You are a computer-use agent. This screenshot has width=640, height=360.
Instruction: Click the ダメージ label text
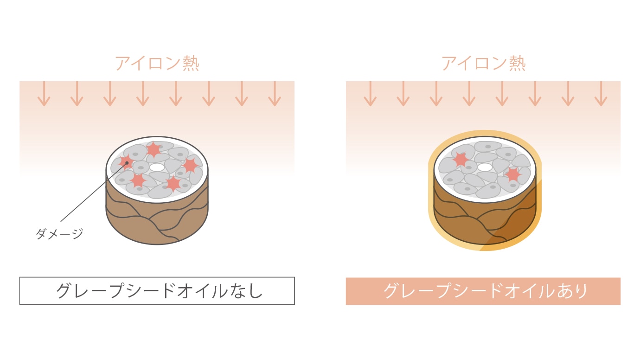tap(59, 234)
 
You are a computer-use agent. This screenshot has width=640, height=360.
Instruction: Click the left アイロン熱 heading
tap(157, 63)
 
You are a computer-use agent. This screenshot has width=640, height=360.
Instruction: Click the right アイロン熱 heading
tap(483, 63)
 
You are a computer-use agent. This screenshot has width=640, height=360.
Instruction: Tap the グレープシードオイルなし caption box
tap(157, 291)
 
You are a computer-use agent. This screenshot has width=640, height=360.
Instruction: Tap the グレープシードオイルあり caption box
tap(483, 291)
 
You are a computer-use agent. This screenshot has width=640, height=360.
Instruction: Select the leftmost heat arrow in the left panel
tap(44, 94)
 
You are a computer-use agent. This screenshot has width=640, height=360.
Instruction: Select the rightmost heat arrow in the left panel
tap(275, 94)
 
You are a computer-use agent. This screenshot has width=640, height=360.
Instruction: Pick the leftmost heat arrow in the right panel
tap(370, 94)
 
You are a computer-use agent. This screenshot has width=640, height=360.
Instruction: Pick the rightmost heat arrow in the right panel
tap(601, 94)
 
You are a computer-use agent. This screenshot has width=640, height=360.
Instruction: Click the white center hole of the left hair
tap(157, 167)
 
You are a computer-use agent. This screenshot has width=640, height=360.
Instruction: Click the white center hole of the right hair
tap(485, 167)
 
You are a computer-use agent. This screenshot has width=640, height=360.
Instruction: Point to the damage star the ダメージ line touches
tap(125, 162)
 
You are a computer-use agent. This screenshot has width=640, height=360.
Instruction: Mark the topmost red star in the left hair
tap(154, 149)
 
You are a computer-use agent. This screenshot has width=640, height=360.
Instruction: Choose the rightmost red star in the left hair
tap(190, 165)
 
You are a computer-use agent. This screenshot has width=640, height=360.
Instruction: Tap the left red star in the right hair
tap(461, 159)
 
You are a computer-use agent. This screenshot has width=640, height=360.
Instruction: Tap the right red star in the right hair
tap(513, 174)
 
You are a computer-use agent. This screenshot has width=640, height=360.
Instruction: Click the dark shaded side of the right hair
tap(519, 218)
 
